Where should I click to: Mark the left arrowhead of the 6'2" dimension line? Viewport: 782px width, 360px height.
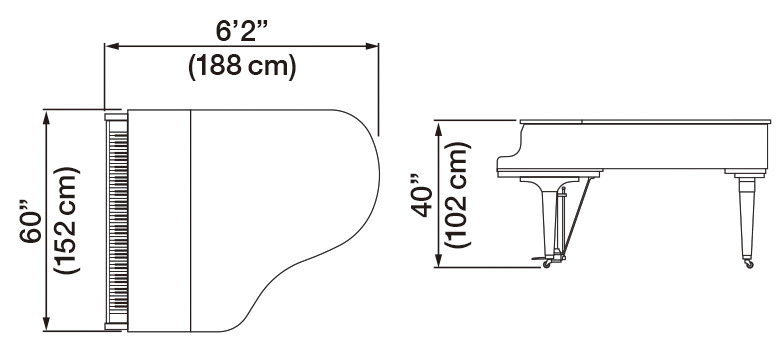[x=111, y=45]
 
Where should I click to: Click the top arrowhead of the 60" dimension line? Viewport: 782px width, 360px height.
[x=47, y=114]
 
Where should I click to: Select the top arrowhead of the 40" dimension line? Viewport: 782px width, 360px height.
[x=437, y=124]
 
